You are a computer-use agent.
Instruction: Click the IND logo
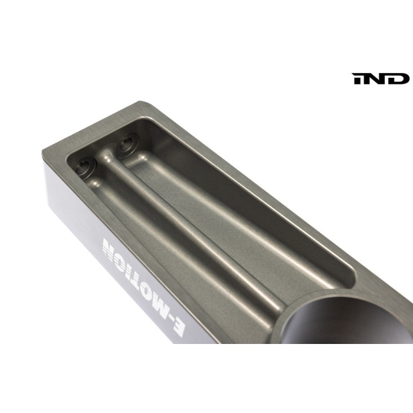[x=381, y=78]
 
